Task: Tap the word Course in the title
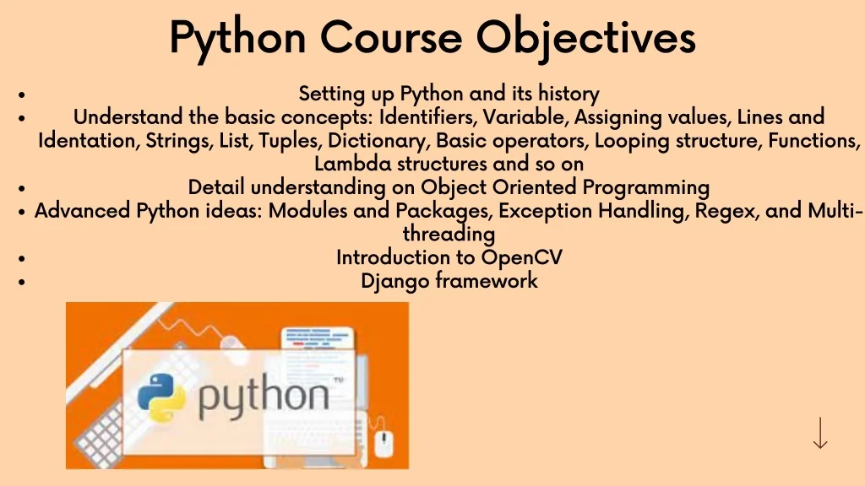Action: tap(390, 37)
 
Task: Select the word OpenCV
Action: tap(522, 257)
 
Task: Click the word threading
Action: tap(449, 235)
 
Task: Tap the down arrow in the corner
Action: tap(820, 433)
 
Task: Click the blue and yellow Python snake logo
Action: tap(161, 397)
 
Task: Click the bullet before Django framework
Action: tap(21, 282)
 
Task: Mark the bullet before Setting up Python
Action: tap(21, 94)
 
